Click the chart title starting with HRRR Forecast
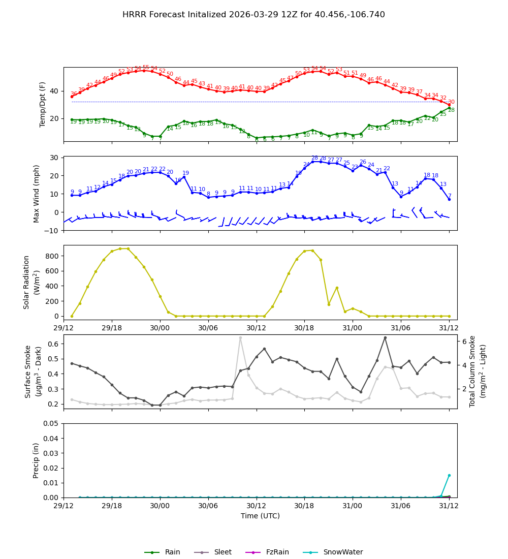[x=253, y=15]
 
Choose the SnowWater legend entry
[x=343, y=552]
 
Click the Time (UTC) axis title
[x=260, y=516]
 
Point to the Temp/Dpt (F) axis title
[x=43, y=104]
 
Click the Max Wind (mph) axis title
[x=36, y=193]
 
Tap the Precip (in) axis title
[x=36, y=460]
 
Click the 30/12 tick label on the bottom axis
[x=256, y=506]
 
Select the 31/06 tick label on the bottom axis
[x=400, y=506]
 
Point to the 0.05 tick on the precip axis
[x=50, y=424]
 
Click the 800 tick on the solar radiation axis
[x=51, y=256]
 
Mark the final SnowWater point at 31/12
[x=449, y=475]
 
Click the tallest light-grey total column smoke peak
[x=240, y=338]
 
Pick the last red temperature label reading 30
[x=451, y=102]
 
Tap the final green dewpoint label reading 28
[x=451, y=110]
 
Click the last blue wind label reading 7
[x=450, y=196]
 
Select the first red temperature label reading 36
[x=74, y=94]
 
